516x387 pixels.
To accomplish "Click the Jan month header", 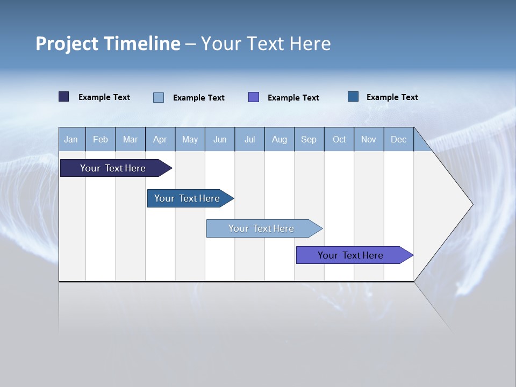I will click(x=71, y=139).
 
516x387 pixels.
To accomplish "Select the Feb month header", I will click(x=101, y=139).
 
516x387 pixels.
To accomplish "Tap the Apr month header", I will click(x=160, y=139).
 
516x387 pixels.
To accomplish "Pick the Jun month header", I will click(x=220, y=139).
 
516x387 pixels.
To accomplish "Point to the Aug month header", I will click(x=279, y=139).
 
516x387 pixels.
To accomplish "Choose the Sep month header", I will click(x=309, y=139).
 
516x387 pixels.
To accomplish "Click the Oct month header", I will click(x=339, y=139).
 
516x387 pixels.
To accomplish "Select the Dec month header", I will click(x=399, y=139).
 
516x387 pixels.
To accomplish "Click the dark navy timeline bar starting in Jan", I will click(x=113, y=168).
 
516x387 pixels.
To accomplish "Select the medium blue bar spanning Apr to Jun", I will click(x=187, y=198).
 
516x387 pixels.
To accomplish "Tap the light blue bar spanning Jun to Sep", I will click(x=261, y=228).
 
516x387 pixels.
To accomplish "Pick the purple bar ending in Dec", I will click(x=350, y=255).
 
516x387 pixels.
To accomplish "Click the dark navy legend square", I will click(x=64, y=97).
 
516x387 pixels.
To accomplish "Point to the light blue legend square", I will click(x=159, y=97).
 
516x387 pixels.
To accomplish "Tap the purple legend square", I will click(x=254, y=97).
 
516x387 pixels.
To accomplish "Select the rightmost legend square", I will click(x=353, y=97).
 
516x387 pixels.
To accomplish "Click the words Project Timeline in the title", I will click(x=108, y=44).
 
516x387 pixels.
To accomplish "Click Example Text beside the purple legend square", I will click(x=293, y=98).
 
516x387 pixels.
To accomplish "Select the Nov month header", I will click(x=369, y=139).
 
